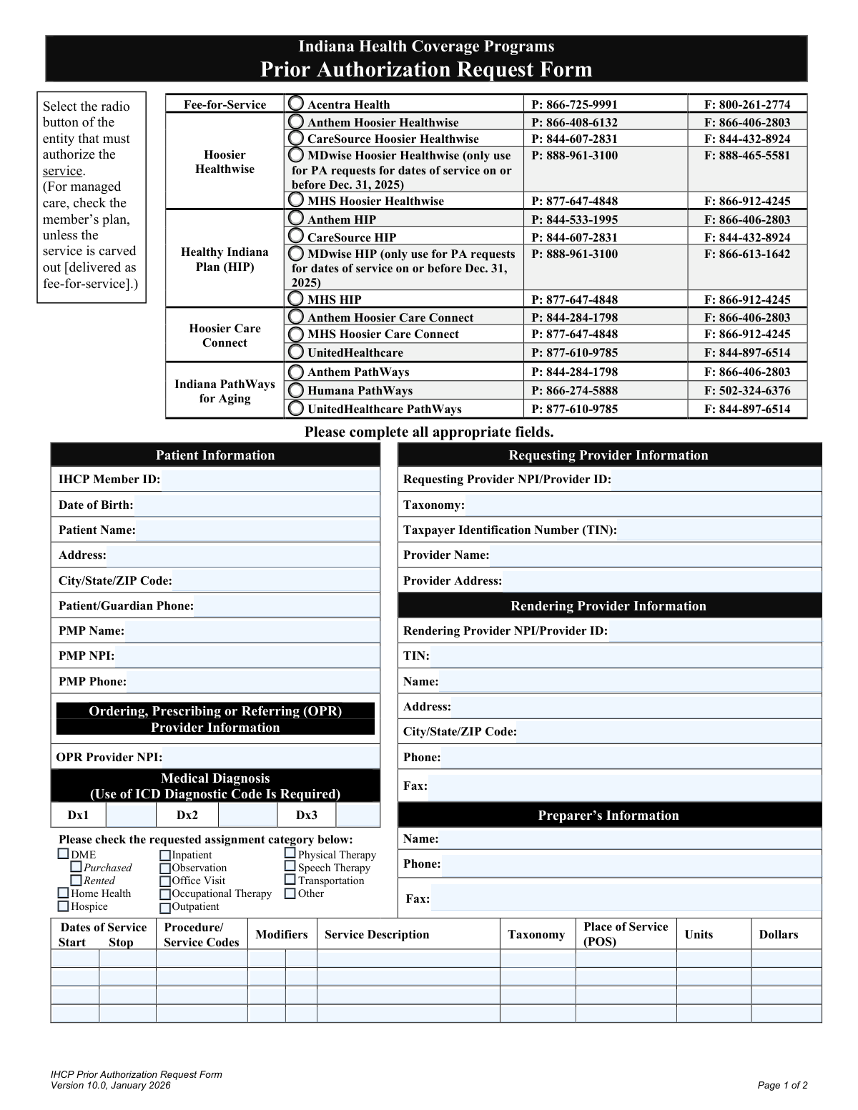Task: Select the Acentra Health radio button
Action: (295, 104)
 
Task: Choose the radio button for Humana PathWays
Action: (295, 390)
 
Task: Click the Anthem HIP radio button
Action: (295, 219)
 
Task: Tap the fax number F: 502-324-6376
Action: (747, 390)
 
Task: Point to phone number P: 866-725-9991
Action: (574, 104)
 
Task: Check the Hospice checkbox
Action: (64, 906)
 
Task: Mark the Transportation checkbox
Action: (290, 880)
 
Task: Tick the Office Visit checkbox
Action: (165, 881)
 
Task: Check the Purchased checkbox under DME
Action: (77, 868)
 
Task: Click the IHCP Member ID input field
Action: (270, 480)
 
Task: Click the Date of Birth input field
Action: (256, 505)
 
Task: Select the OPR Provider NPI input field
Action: (270, 757)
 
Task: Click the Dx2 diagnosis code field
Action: (247, 815)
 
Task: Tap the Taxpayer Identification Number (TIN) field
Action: (719, 530)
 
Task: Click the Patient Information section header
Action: (215, 455)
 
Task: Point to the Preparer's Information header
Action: (608, 816)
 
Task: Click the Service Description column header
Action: (377, 934)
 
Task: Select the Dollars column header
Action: (779, 934)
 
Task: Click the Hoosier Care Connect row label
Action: (225, 335)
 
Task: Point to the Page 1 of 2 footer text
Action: (782, 1085)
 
